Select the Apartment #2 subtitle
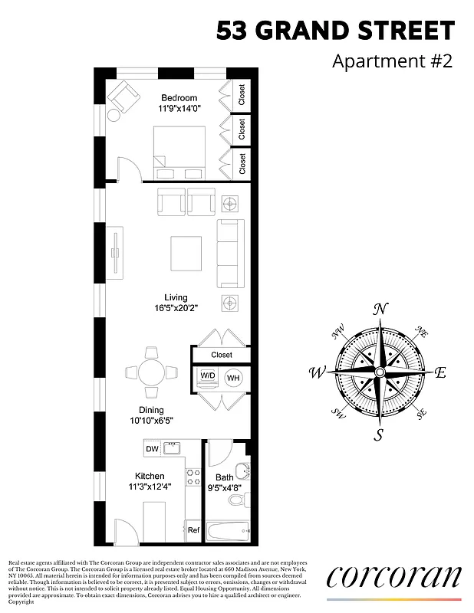pos(392,61)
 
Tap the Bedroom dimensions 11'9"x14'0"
pos(179,110)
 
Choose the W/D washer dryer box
pos(208,376)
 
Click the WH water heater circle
pos(233,377)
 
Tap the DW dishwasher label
pos(152,449)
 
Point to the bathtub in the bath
pos(229,530)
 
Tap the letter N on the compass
pos(379,309)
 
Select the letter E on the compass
pos(440,373)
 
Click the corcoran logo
pos(394,576)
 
